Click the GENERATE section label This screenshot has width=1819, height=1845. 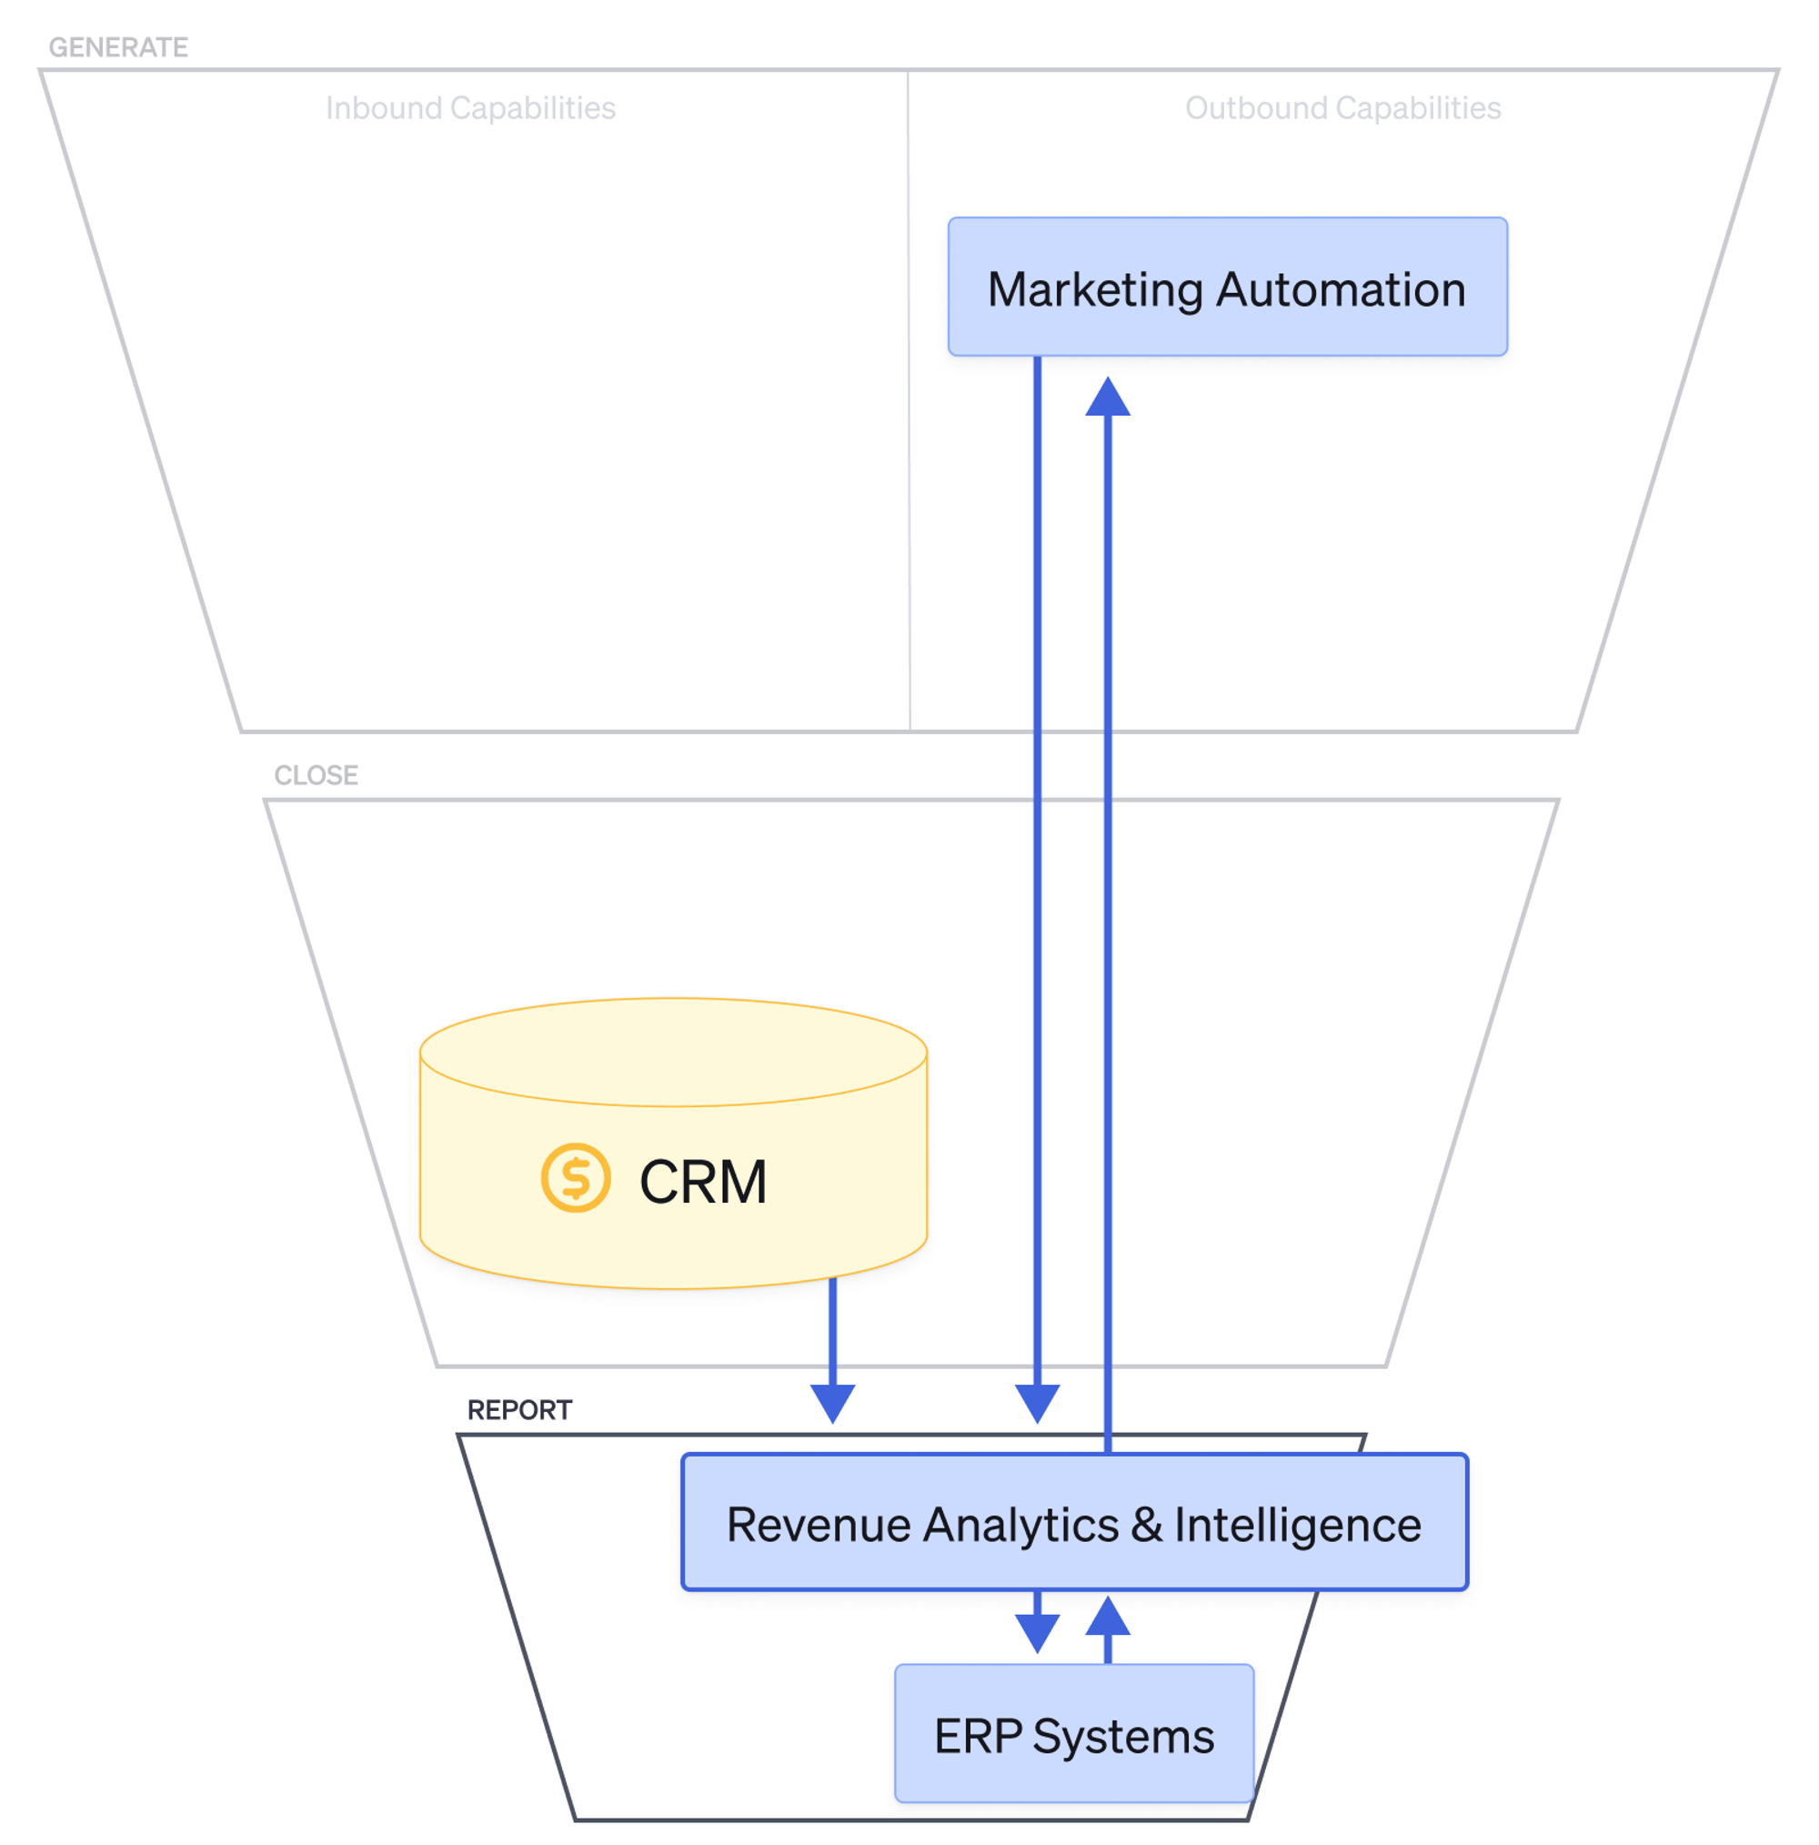pyautogui.click(x=117, y=46)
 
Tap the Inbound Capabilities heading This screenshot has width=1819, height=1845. pyautogui.click(x=470, y=108)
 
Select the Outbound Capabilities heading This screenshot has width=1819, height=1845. pyautogui.click(x=1342, y=108)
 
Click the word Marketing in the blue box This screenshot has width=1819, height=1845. pyautogui.click(x=1094, y=289)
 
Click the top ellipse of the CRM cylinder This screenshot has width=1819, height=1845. pyautogui.click(x=672, y=1052)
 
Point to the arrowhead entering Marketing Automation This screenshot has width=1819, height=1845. pyautogui.click(x=1108, y=398)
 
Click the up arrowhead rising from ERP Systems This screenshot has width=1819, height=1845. pyautogui.click(x=1108, y=1616)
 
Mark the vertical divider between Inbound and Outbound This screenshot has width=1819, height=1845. pyautogui.click(x=908, y=401)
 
